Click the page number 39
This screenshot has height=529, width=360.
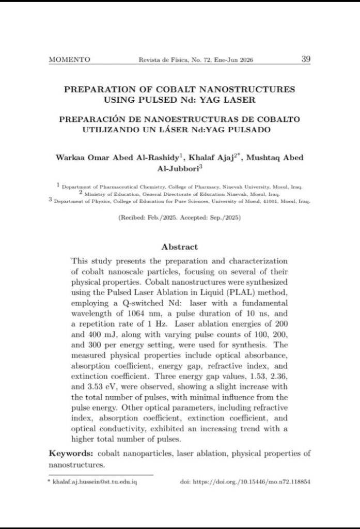point(305,59)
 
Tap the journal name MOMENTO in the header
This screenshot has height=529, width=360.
point(69,59)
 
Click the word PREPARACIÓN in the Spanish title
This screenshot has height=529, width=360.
point(90,119)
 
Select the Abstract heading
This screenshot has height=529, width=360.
point(179,247)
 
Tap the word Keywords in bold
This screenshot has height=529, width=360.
point(70,454)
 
